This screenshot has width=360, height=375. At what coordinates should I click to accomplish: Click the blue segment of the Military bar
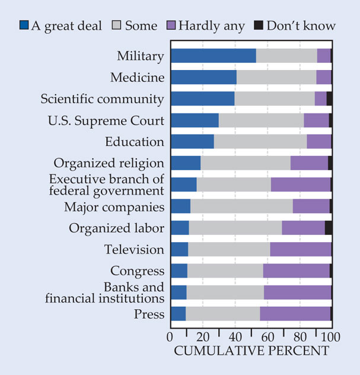[x=213, y=56]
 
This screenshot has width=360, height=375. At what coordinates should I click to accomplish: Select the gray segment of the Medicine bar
[x=276, y=77]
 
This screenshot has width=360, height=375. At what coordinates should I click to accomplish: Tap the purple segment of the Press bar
[x=295, y=314]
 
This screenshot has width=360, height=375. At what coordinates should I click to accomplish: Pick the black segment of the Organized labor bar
[x=328, y=228]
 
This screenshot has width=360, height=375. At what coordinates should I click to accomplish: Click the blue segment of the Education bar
[x=192, y=142]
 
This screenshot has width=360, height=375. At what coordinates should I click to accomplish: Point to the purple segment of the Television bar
[x=300, y=249]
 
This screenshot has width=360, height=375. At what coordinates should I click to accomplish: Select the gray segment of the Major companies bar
[x=241, y=206]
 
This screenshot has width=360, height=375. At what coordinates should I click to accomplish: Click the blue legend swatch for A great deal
[x=24, y=26]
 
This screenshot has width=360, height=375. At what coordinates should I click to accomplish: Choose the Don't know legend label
[x=301, y=26]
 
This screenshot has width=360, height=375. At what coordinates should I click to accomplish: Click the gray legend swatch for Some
[x=116, y=26]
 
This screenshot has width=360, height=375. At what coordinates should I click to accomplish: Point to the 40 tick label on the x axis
[x=235, y=337]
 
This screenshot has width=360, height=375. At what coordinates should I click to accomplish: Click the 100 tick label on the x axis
[x=330, y=337]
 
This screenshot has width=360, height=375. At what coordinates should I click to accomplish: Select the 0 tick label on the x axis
[x=171, y=337]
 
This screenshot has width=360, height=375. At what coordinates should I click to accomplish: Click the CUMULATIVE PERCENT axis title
[x=251, y=351]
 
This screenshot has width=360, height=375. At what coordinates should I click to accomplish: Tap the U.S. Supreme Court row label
[x=106, y=120]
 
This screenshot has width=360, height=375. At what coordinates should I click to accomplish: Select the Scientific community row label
[x=102, y=98]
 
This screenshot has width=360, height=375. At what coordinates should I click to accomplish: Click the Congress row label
[x=136, y=271]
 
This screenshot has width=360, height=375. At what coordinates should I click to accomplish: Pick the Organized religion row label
[x=109, y=163]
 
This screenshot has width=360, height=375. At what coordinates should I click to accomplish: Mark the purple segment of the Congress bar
[x=296, y=271]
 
